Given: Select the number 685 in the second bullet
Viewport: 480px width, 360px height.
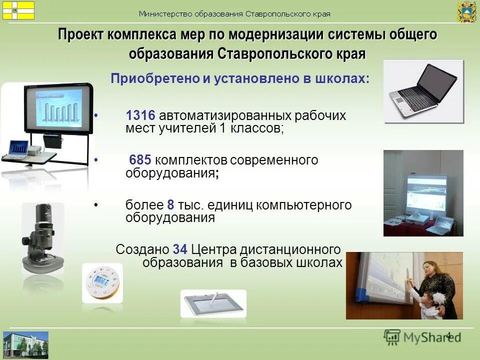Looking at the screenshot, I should [140, 160].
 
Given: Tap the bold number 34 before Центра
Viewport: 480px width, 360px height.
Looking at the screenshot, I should [180, 249].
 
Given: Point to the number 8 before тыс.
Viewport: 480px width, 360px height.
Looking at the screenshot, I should [170, 205].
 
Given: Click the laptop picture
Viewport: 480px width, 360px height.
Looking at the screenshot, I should [424, 91].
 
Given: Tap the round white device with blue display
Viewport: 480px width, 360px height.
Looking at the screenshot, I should [102, 282].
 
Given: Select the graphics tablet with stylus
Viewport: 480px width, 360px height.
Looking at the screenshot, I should [213, 303].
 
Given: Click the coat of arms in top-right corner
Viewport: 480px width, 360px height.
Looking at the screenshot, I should [466, 11].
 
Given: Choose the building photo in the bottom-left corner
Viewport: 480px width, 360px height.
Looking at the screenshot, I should [25, 344].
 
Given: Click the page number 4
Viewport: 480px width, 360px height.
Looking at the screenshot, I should [448, 335].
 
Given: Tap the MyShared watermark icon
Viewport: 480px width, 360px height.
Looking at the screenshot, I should [392, 336].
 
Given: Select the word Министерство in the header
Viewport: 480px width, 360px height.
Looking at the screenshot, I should [166, 14].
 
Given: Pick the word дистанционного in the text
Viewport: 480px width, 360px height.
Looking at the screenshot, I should [291, 249].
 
